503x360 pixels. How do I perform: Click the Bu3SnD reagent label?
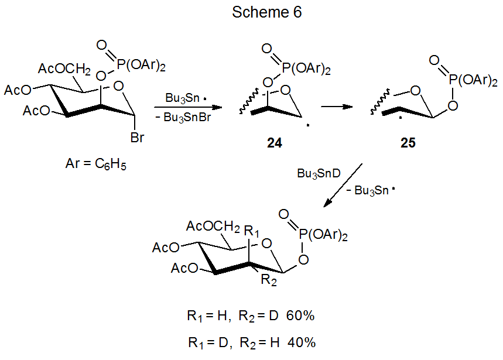pos(318,173)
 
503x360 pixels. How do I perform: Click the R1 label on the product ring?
pos(252,229)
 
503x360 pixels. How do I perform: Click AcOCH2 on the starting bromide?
pos(64,70)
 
